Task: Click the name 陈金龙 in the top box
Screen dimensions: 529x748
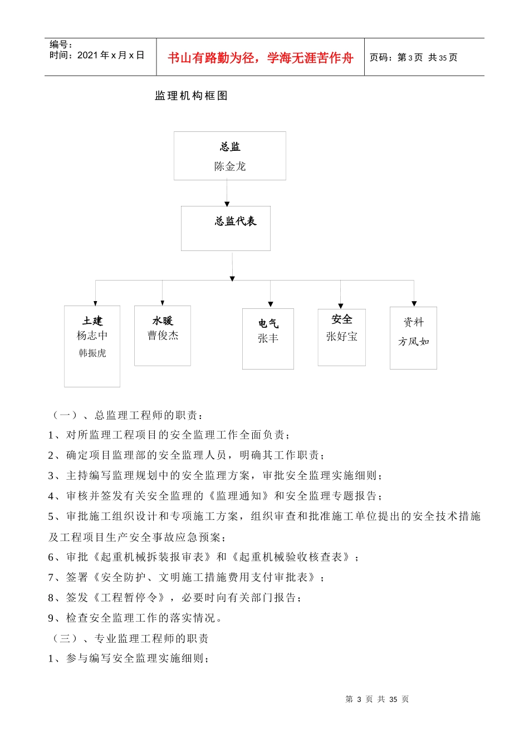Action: pos(230,166)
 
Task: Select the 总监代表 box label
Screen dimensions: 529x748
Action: pos(236,222)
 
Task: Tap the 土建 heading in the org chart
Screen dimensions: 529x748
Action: pos(92,321)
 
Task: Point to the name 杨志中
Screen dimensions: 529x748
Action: pos(92,336)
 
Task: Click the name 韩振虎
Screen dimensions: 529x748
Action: pos(92,353)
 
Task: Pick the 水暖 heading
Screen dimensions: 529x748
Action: pos(163,321)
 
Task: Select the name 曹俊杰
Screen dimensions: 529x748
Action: pos(163,336)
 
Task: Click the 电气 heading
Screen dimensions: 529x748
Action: pos(268,324)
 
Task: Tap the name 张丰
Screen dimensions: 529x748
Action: pos(268,338)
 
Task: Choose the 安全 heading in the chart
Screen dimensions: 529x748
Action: pos(342,319)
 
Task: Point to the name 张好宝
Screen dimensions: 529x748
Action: pos(342,337)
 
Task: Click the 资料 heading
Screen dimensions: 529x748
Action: pos(414,322)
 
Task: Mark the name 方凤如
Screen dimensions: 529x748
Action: pos(414,342)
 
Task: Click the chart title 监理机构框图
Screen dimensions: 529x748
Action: pos(192,96)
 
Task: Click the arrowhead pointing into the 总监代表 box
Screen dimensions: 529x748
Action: pos(227,204)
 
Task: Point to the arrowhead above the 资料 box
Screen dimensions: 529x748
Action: pos(414,304)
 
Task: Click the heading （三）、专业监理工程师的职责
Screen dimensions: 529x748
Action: pos(129,638)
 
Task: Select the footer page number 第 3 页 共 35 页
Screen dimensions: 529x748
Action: pos(377,699)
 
